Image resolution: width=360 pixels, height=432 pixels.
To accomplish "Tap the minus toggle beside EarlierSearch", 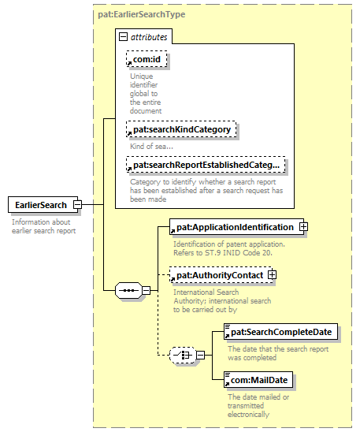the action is coord(78,205).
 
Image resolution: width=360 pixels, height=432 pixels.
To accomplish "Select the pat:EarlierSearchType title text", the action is coord(142,14).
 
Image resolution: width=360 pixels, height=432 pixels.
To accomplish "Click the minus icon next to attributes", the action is coord(123,36).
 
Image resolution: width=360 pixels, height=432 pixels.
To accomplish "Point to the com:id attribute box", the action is coord(147,59).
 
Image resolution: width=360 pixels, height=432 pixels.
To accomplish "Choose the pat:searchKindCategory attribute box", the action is coord(181,129).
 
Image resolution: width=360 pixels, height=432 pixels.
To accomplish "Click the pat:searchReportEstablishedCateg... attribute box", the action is coord(206,165).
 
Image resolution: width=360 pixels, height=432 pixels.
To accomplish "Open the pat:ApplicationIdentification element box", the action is coord(236,227).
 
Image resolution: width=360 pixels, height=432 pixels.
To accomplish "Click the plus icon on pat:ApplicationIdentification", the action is coord(303,227).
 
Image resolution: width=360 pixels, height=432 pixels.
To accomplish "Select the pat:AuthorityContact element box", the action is coord(221,274).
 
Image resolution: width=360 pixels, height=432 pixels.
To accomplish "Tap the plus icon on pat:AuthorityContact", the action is coord(272,274).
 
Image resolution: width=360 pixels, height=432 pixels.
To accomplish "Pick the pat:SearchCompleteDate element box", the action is coord(280,332).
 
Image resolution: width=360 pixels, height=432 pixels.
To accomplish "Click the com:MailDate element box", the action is coord(258,380).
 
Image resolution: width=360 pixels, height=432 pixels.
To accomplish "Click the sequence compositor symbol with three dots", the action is coord(128,290).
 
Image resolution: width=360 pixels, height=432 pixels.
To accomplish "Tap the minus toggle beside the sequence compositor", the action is coord(147,290).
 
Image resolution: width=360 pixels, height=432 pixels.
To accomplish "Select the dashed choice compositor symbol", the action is coord(183,355).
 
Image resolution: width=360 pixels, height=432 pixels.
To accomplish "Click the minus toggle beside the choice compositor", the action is coord(201,355).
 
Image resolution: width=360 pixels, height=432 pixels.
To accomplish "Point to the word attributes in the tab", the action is coord(149,37).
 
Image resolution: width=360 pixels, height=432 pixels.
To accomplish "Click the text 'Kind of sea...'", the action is coord(152,147).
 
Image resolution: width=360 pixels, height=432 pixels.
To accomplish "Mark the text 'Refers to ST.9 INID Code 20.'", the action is coord(223,252).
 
